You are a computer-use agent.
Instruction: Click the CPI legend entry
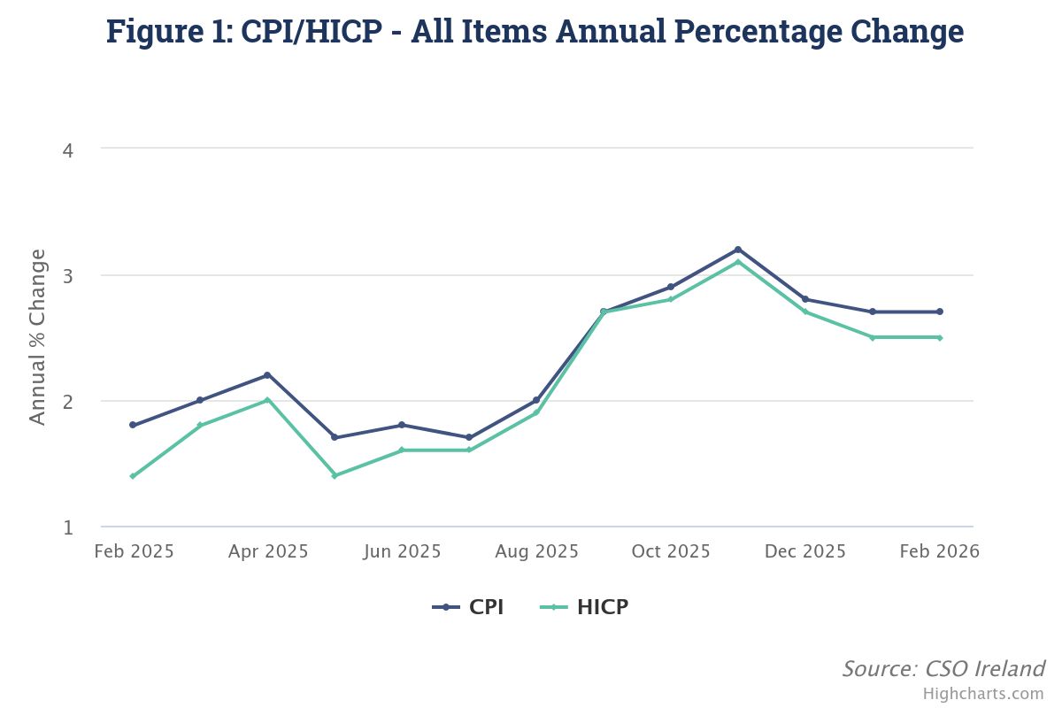(468, 607)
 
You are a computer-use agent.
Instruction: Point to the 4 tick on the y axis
(67, 150)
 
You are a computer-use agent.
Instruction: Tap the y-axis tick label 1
(67, 528)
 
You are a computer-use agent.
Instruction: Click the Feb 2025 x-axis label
(134, 551)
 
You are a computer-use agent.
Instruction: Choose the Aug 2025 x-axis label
(536, 551)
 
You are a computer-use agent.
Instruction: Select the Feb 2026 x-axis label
(939, 551)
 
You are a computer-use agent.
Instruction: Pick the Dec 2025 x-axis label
(805, 551)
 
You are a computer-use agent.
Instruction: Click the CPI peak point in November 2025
(738, 250)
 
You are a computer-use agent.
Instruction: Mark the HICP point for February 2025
(133, 476)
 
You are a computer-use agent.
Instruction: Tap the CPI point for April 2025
(267, 375)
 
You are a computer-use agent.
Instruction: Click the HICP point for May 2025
(335, 476)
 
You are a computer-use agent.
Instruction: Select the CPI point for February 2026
(940, 312)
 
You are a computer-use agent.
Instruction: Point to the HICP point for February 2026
(940, 337)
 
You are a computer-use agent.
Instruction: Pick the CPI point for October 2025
(671, 287)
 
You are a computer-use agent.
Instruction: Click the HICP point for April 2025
(267, 400)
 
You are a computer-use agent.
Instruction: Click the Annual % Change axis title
(37, 337)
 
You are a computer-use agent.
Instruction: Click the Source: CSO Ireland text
(943, 668)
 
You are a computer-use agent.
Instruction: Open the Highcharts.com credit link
(983, 694)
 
